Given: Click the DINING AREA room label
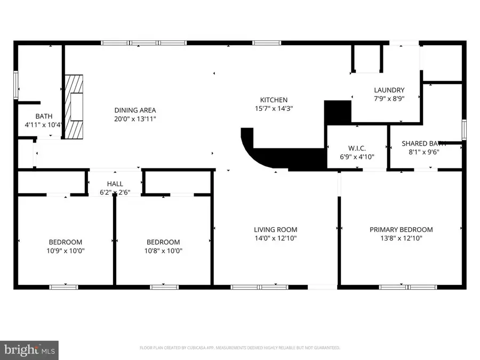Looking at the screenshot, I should point(134,110).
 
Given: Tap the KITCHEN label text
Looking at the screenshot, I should point(274,100).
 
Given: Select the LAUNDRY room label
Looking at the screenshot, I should point(389,90).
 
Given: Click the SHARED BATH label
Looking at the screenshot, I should point(423,143).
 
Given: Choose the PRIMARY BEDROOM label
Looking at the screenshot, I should point(401,230).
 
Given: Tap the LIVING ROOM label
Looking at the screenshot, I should point(275,230).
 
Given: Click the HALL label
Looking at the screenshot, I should point(115,183).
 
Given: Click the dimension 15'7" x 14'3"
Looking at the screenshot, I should point(274,108).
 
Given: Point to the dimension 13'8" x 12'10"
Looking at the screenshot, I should point(401,238).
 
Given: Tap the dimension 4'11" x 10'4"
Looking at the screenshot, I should point(44,125).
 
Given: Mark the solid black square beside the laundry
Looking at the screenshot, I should point(337,113).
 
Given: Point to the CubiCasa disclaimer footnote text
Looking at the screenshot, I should point(239,348).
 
